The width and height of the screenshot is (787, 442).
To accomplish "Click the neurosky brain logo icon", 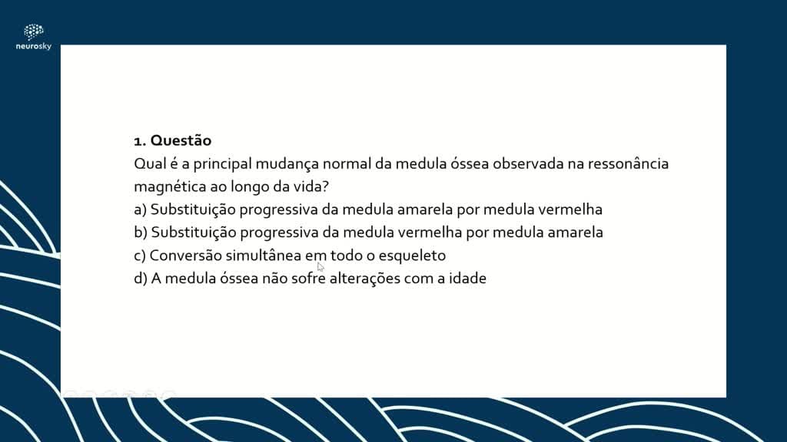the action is (34, 31).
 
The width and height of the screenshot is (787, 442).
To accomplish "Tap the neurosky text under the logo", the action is (34, 46).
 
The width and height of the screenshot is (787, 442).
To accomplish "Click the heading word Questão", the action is (181, 141).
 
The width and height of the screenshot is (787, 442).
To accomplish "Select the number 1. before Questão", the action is (140, 141).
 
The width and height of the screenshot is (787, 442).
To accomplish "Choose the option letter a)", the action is (140, 210).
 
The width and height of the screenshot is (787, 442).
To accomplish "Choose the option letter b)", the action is (141, 233).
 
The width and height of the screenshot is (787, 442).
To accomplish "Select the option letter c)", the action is (140, 256).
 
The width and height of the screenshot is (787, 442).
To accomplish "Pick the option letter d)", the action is (141, 279).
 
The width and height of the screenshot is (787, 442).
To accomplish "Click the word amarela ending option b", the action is (575, 233).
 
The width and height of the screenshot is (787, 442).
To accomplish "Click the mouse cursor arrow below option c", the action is (320, 266).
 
